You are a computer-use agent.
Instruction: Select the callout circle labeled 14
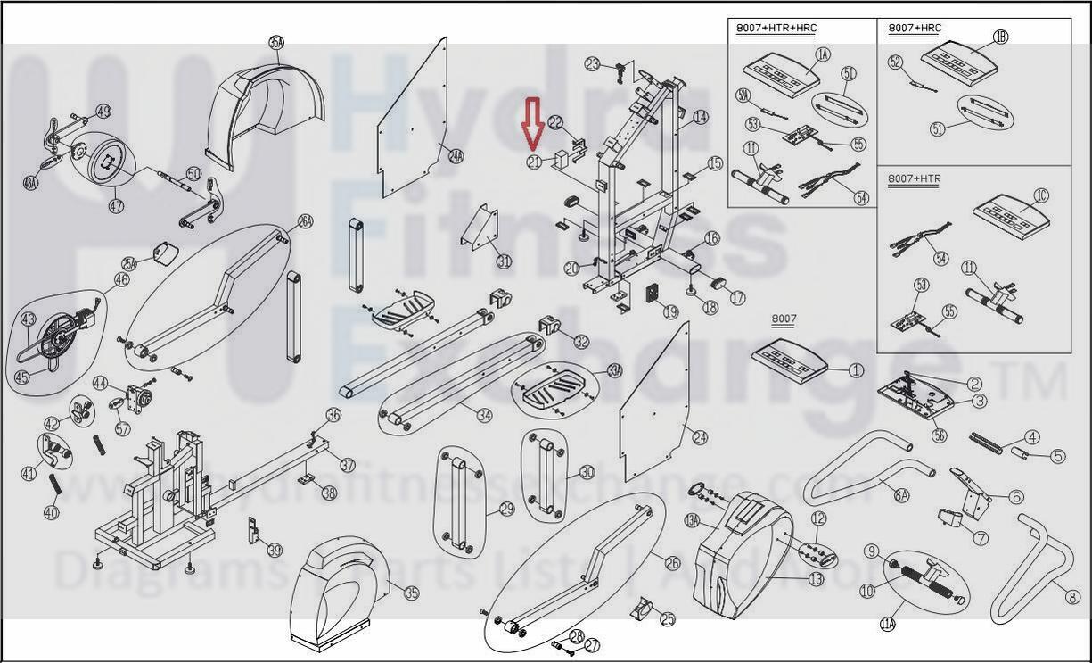(701, 117)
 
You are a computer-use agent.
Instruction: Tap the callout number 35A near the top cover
(276, 42)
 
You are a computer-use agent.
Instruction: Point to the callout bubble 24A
(456, 156)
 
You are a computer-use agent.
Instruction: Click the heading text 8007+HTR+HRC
(776, 29)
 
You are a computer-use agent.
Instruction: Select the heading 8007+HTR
(914, 178)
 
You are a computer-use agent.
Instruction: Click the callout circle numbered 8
(1072, 597)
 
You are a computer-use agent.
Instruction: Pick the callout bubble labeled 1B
(1000, 37)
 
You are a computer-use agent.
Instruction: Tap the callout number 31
(504, 261)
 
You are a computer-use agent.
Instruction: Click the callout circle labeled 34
(484, 415)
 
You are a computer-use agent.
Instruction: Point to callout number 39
(274, 550)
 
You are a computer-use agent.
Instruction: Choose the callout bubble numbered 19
(670, 312)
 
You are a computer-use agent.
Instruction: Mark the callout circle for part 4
(1032, 437)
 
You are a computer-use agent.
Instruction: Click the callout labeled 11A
(887, 624)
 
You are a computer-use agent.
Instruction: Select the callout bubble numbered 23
(593, 63)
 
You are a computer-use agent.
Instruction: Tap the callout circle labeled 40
(51, 512)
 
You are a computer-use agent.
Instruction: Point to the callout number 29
(506, 509)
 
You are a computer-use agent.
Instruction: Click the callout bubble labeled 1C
(1041, 195)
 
